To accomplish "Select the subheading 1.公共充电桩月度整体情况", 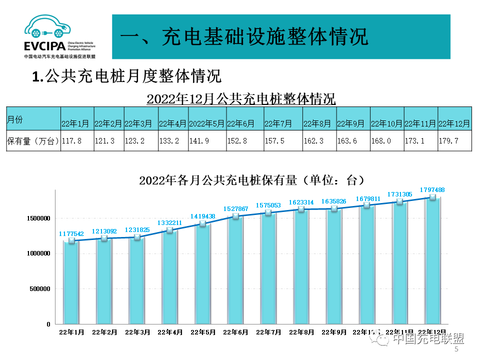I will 126,76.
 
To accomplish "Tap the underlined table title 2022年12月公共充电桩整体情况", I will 241,98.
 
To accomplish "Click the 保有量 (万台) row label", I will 33,141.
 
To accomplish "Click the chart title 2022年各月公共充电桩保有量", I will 248,180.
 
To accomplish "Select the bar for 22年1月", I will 71,282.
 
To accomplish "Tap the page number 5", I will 456,350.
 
